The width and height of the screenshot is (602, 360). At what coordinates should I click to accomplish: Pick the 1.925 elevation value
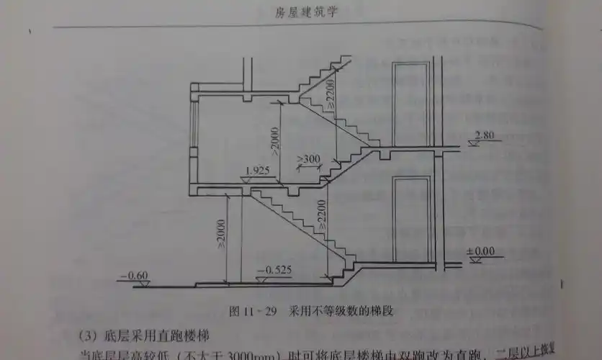click(x=257, y=170)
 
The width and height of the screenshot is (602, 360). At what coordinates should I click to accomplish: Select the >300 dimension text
click(x=309, y=158)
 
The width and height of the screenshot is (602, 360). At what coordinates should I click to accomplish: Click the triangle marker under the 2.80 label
click(x=472, y=143)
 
